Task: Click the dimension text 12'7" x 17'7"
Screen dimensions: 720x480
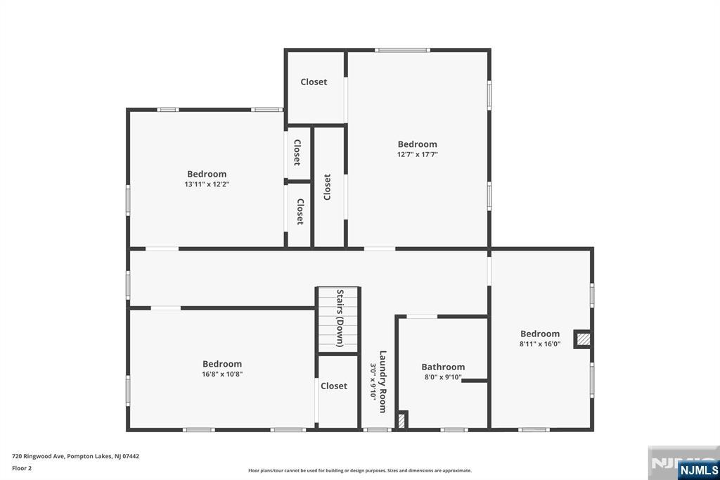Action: point(418,154)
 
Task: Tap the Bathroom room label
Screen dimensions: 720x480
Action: point(443,367)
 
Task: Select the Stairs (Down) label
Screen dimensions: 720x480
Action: point(340,318)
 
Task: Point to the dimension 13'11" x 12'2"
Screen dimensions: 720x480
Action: point(207,184)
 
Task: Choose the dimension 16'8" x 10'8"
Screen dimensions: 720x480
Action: point(222,374)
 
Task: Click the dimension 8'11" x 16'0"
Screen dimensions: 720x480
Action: point(540,344)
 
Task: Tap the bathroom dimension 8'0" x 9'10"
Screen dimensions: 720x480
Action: point(443,377)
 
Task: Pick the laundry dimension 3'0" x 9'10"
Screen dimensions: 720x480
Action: point(373,381)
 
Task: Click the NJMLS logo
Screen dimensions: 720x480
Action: point(698,470)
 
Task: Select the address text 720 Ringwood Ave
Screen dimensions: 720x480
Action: point(39,457)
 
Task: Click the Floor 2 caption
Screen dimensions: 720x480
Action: point(22,469)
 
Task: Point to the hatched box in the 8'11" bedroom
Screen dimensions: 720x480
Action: point(583,339)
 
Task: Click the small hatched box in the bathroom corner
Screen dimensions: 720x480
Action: point(401,420)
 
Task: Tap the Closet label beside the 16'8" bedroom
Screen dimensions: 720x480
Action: point(334,386)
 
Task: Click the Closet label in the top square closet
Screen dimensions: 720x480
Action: point(314,82)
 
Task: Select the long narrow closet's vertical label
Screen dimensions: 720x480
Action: point(328,187)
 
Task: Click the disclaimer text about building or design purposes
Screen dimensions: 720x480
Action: point(360,471)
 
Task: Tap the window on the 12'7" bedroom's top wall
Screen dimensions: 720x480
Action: point(402,50)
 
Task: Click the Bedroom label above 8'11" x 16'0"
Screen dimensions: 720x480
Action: point(540,334)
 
